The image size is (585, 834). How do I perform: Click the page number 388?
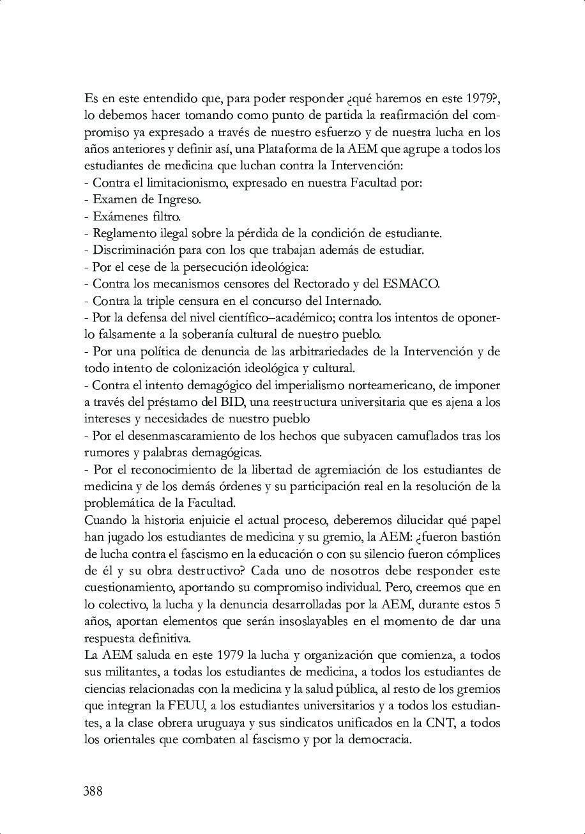93,791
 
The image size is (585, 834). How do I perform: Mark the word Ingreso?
179,199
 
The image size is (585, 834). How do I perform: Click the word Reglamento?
124,233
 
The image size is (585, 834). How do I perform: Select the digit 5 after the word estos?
497,604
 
